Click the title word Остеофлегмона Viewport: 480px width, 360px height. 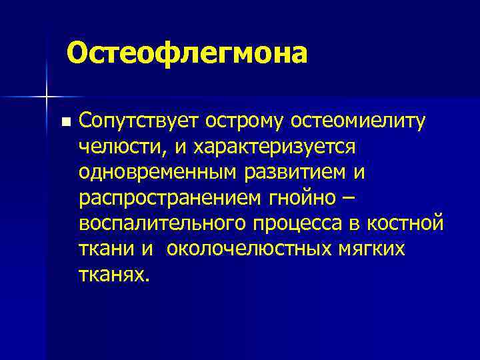pyautogui.click(x=187, y=53)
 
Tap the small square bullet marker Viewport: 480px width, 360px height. pyautogui.click(x=64, y=122)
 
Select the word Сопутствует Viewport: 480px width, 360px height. pyautogui.click(x=141, y=121)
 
